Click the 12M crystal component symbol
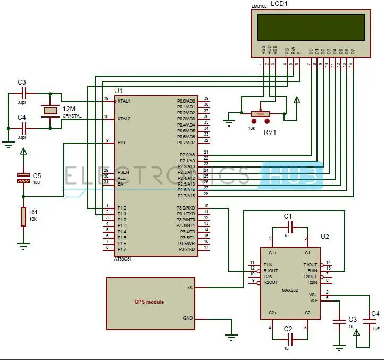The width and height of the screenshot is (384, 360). (50, 111)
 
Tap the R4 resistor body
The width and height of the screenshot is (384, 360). (23, 217)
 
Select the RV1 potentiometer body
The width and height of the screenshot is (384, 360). (261, 113)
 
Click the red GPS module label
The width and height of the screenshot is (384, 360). (149, 302)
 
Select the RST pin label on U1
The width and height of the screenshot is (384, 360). (121, 142)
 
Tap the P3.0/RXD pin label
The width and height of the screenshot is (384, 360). (186, 206)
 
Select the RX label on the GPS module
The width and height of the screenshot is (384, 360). (189, 287)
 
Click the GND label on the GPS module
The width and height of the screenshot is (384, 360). (188, 318)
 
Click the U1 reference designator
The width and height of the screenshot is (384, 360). (118, 91)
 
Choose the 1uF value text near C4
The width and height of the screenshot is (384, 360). (376, 329)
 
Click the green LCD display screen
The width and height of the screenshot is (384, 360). (310, 28)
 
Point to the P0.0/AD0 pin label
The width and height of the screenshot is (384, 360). (186, 101)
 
